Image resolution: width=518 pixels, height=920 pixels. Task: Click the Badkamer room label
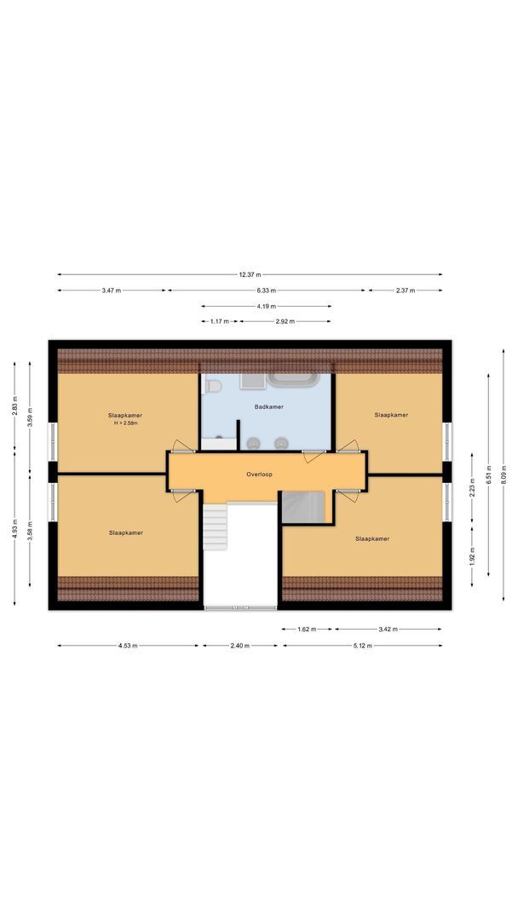point(268,407)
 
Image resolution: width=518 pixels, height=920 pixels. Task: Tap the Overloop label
point(259,473)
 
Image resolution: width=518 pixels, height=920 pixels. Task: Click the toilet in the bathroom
point(213,387)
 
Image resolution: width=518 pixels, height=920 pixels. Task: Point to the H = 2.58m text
point(125,423)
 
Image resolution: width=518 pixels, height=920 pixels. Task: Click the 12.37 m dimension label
point(250,274)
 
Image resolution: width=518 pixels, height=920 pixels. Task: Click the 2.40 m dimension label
point(239,645)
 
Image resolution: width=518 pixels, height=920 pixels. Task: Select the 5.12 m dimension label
point(363,645)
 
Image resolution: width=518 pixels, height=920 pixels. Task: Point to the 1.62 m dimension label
point(306,629)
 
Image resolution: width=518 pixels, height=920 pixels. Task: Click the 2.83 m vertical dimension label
point(14,408)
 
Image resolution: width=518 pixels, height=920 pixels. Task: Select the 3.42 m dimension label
point(388,629)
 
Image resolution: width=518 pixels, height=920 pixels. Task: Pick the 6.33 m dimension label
point(267,290)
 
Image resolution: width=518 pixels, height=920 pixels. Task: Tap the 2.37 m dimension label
point(405,290)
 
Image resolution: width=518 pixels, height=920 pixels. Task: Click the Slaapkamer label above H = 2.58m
point(125,415)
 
